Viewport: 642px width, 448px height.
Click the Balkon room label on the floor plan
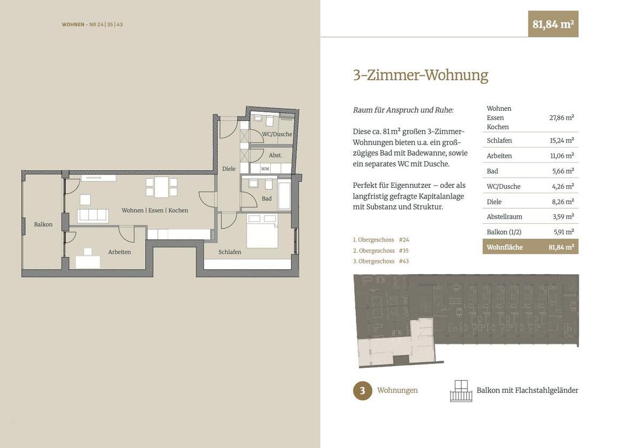tap(43, 224)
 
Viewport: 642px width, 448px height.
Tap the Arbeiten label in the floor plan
tap(119, 252)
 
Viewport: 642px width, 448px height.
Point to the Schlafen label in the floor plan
tap(230, 252)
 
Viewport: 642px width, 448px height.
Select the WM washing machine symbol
tap(265, 169)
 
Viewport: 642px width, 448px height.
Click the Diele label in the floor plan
tap(229, 169)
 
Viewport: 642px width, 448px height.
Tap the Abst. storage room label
tap(276, 155)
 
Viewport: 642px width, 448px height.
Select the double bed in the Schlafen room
tap(262, 231)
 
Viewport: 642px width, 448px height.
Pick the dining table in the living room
tap(162, 187)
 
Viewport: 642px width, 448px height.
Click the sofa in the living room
tap(93, 216)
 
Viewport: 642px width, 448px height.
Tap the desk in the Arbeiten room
tap(88, 262)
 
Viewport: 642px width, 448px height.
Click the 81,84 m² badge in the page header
tap(553, 24)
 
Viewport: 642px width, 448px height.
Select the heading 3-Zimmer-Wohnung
tap(421, 75)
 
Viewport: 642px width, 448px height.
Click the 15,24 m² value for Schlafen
tap(562, 140)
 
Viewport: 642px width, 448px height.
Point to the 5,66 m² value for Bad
tap(563, 171)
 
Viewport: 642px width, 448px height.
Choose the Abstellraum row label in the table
tap(505, 217)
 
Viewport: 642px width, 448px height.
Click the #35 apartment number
tap(403, 250)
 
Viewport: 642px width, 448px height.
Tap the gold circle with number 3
tap(363, 391)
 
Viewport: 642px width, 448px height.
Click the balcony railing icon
tap(461, 391)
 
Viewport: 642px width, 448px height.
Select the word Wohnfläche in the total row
tap(505, 247)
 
